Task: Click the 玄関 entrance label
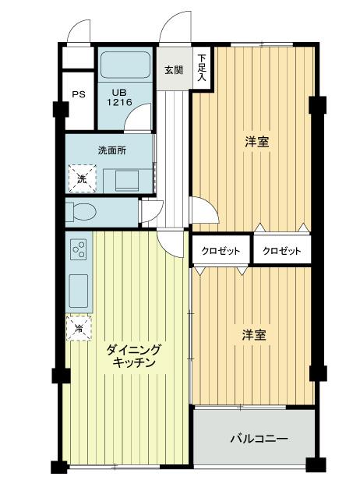coord(174,69)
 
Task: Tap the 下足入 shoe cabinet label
coord(201,69)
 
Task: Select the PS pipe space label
coord(79,95)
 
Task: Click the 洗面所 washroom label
coord(111,150)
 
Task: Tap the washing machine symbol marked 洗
coord(82,178)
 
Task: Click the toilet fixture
coord(80,211)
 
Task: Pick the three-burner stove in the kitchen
coord(79,249)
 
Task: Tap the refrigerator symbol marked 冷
coord(79,329)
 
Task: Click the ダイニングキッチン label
coord(133,357)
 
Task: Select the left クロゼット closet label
coord(221,251)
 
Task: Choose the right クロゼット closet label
coord(281,251)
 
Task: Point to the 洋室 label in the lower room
coord(253,335)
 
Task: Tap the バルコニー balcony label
coord(258,439)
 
